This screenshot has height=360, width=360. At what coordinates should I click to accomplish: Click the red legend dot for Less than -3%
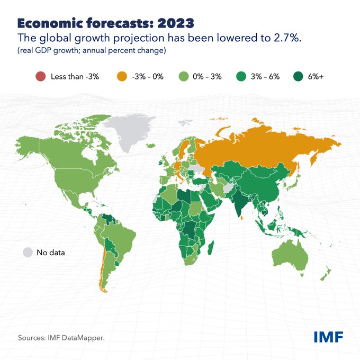[39, 77]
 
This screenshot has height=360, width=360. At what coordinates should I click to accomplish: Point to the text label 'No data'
[50, 253]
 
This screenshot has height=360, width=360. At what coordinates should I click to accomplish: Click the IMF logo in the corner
[328, 336]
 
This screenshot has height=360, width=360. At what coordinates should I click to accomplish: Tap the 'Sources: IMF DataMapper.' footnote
[61, 337]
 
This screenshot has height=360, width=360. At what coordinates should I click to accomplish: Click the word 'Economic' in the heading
[48, 23]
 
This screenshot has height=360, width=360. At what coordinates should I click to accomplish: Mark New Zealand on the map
[327, 273]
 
